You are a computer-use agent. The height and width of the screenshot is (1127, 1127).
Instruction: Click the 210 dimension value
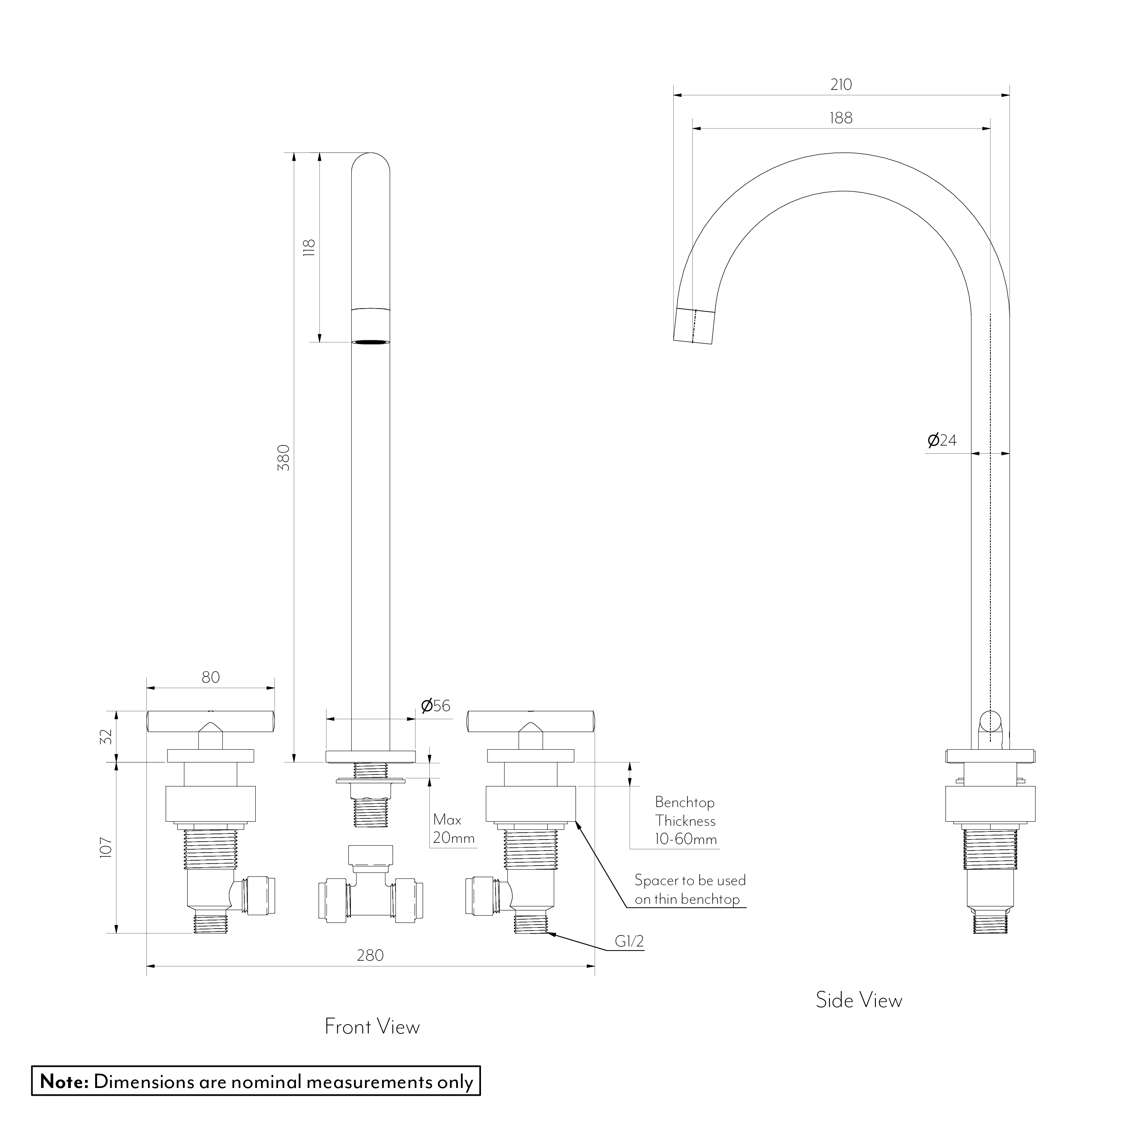pos(841,85)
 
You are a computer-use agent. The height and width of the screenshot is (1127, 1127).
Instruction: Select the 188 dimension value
pos(841,118)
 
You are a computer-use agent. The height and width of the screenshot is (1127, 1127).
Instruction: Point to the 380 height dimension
pos(283,457)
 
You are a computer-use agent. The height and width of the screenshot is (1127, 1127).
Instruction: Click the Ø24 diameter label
pos(942,440)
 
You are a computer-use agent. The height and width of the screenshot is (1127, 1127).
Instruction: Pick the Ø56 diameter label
pos(436,706)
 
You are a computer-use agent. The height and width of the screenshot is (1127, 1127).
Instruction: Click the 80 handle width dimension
pos(211,677)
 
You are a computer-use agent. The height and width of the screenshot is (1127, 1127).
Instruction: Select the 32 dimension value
pos(106,737)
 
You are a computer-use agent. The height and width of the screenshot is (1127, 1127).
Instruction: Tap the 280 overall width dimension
pos(370,955)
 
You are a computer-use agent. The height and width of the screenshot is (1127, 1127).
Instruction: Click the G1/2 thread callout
pos(629,941)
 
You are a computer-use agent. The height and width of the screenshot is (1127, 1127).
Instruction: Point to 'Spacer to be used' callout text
pos(690,880)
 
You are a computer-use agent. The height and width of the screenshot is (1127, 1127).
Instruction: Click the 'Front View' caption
pos(372,1027)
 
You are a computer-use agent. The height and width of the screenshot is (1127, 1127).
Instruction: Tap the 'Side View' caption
pos(859,1000)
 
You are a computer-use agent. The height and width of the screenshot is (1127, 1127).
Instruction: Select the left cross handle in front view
pos(210,722)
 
